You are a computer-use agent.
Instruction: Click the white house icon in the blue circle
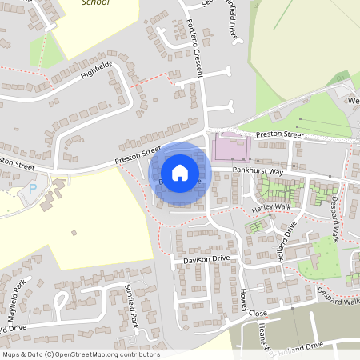coord(180,172)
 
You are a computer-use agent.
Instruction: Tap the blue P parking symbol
coord(33,189)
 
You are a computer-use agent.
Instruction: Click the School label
coord(95,3)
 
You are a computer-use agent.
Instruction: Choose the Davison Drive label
coord(206,259)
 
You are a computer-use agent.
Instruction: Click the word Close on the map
coord(258,313)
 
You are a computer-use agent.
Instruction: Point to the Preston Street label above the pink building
coord(280,135)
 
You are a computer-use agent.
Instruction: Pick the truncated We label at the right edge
coord(352,102)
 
